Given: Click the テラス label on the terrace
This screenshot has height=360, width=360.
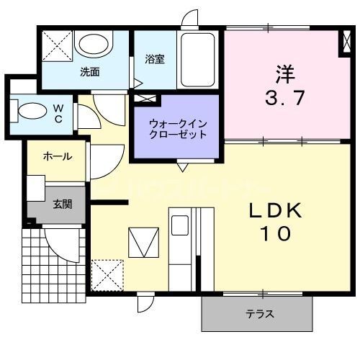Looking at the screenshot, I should pyautogui.click(x=259, y=315).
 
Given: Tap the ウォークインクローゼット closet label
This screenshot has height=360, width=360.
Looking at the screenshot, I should pyautogui.click(x=178, y=129).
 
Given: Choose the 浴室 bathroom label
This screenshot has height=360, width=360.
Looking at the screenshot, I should pyautogui.click(x=155, y=59).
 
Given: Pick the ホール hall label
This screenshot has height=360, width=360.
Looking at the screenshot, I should pyautogui.click(x=57, y=156).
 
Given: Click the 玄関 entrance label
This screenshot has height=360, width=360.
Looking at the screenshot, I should pyautogui.click(x=62, y=203).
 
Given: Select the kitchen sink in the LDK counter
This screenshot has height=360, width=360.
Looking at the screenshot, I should pyautogui.click(x=179, y=224).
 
